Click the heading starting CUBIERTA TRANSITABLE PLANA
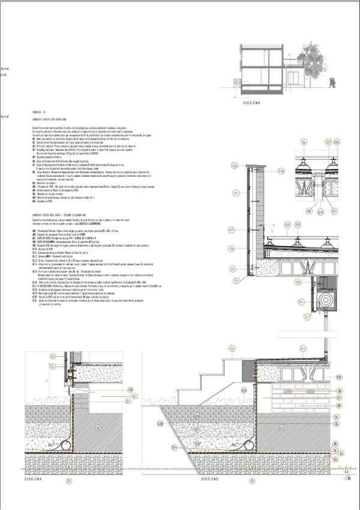[57, 215]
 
